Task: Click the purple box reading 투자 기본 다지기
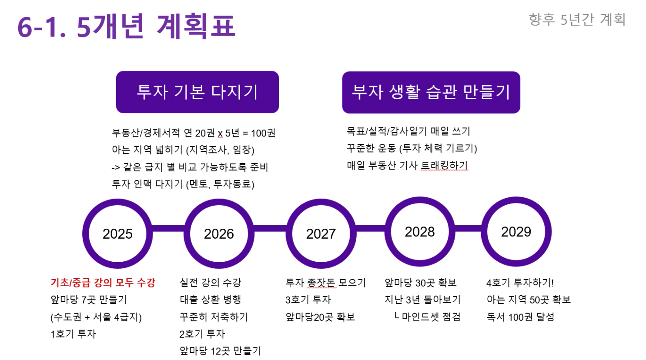point(197,92)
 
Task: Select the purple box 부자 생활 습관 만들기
point(431,92)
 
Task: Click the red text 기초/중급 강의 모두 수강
point(103,283)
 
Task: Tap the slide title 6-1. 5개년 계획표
point(126,26)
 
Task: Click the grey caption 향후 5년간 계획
point(577,20)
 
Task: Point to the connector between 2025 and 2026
point(168,228)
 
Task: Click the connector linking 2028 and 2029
point(468,228)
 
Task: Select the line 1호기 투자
point(73,334)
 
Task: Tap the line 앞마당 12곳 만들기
point(220,351)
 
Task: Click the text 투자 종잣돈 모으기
point(325,283)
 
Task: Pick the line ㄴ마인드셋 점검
point(427,317)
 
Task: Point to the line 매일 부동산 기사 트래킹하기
point(408,166)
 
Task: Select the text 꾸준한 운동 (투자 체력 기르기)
point(412,148)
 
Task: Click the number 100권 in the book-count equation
point(263,133)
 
